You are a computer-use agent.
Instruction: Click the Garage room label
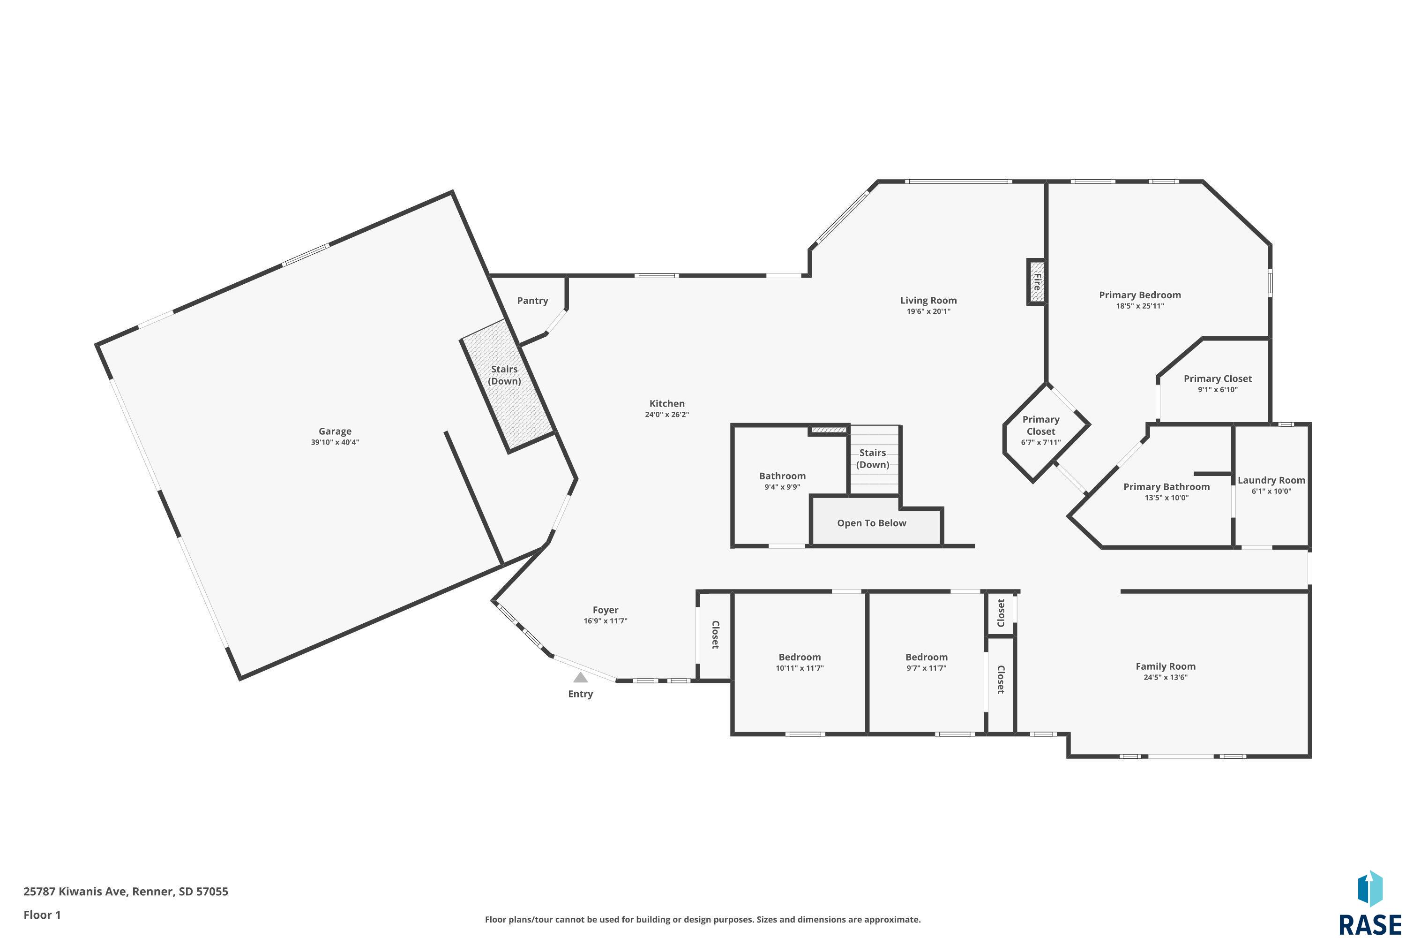(335, 431)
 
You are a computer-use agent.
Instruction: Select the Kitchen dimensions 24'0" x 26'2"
(666, 415)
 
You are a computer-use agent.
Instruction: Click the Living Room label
(928, 300)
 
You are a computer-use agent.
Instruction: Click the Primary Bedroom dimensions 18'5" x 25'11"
(1140, 306)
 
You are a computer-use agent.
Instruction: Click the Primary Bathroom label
(1167, 487)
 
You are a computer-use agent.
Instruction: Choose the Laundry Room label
(1271, 480)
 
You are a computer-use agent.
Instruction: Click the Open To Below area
(872, 523)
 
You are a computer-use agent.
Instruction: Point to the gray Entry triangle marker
(580, 677)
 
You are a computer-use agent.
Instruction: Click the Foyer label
(605, 610)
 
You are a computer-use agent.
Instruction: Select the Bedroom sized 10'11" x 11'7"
(799, 662)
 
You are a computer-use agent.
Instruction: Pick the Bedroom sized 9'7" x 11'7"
(926, 662)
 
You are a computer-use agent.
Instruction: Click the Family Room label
(1165, 666)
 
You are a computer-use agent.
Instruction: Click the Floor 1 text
(42, 915)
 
